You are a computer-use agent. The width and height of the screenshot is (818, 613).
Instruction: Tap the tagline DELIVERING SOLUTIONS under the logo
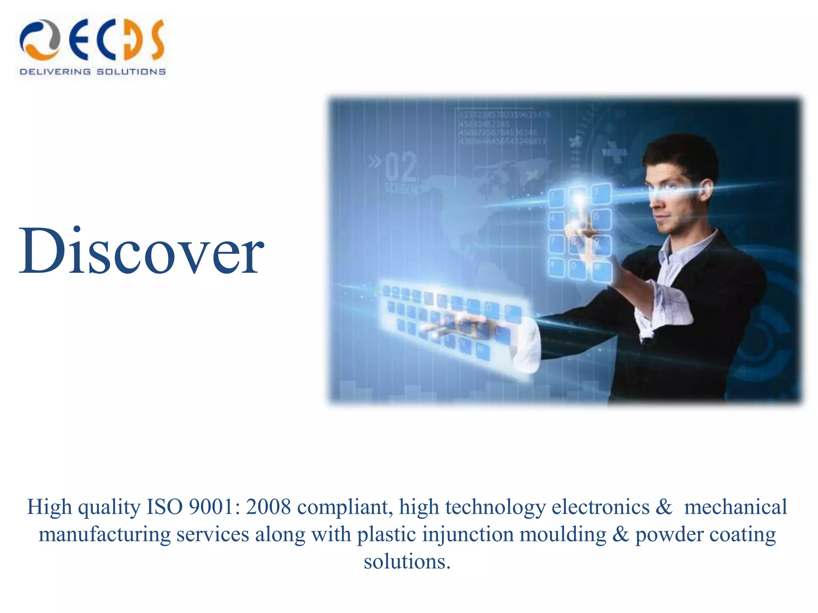(92, 72)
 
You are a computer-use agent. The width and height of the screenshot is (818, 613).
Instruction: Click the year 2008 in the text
(268, 507)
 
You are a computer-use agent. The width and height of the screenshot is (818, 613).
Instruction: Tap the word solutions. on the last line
(407, 562)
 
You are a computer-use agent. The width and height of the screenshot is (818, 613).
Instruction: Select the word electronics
(600, 507)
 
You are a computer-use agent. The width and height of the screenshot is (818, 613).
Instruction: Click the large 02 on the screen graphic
(401, 168)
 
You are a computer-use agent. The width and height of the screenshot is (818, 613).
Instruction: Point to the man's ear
(706, 189)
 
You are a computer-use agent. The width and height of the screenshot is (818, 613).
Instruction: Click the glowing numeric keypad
(579, 231)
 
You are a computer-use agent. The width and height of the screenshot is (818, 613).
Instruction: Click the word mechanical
(735, 507)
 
